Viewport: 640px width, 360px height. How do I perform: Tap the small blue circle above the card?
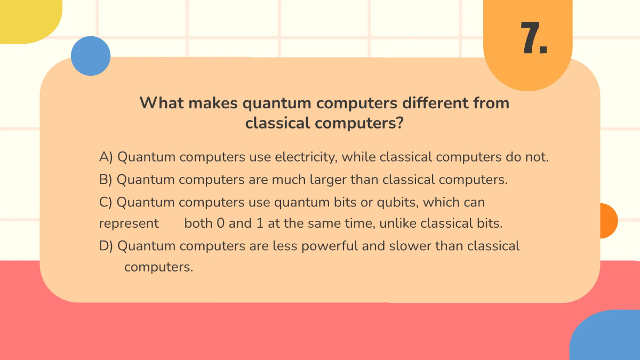(x=91, y=56)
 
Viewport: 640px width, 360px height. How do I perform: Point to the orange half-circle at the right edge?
(x=608, y=221)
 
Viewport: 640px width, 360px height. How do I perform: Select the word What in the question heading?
(x=159, y=102)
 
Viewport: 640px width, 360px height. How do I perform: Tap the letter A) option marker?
(x=106, y=157)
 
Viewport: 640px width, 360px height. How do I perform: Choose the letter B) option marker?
(x=106, y=180)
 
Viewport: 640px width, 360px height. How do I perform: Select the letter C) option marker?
(x=106, y=203)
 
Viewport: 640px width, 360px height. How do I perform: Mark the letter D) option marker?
(x=106, y=246)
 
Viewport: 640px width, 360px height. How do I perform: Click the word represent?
(x=129, y=223)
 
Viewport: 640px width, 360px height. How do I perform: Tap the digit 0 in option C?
(x=220, y=223)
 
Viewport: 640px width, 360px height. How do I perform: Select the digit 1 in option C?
(x=260, y=223)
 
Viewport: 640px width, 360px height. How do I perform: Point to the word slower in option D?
(x=410, y=246)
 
